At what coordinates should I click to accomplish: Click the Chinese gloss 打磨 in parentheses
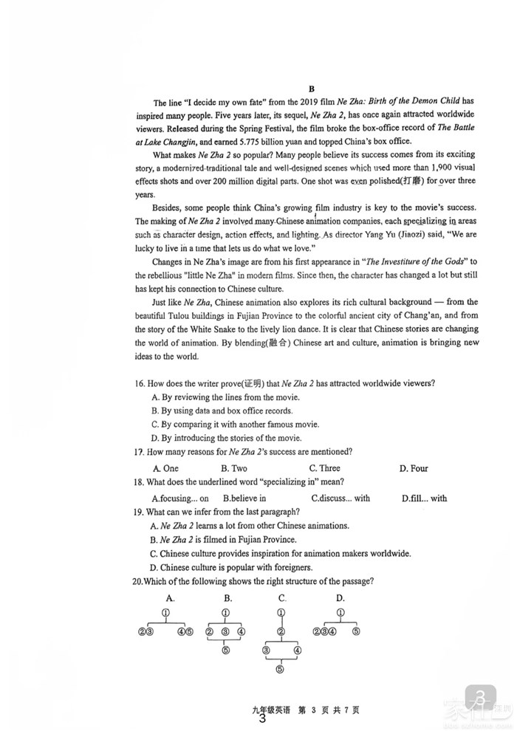pyautogui.click(x=411, y=181)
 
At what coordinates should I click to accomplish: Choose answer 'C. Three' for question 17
pyautogui.click(x=324, y=468)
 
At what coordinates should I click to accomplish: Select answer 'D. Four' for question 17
pyautogui.click(x=414, y=468)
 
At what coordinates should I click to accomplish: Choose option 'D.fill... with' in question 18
pyautogui.click(x=424, y=498)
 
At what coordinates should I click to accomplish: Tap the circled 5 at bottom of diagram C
pyautogui.click(x=280, y=670)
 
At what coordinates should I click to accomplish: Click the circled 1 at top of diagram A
pyautogui.click(x=166, y=613)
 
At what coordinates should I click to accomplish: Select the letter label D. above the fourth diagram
pyautogui.click(x=340, y=598)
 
